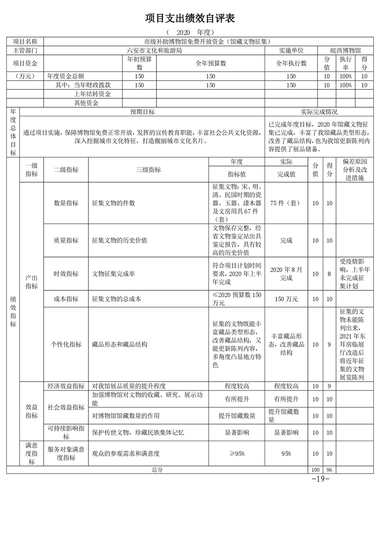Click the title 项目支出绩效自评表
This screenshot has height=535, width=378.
click(x=190, y=19)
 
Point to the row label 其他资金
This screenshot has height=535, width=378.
click(x=86, y=103)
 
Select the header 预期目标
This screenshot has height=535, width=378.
click(x=143, y=112)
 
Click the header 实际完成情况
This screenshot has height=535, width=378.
click(x=319, y=112)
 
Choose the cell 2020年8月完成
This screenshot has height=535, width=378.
click(x=286, y=273)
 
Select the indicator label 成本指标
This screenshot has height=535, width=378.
click(x=66, y=299)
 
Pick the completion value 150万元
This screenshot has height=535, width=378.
click(x=286, y=299)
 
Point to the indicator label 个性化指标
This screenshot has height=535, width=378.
click(x=66, y=344)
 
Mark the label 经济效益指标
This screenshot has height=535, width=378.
click(x=66, y=386)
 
